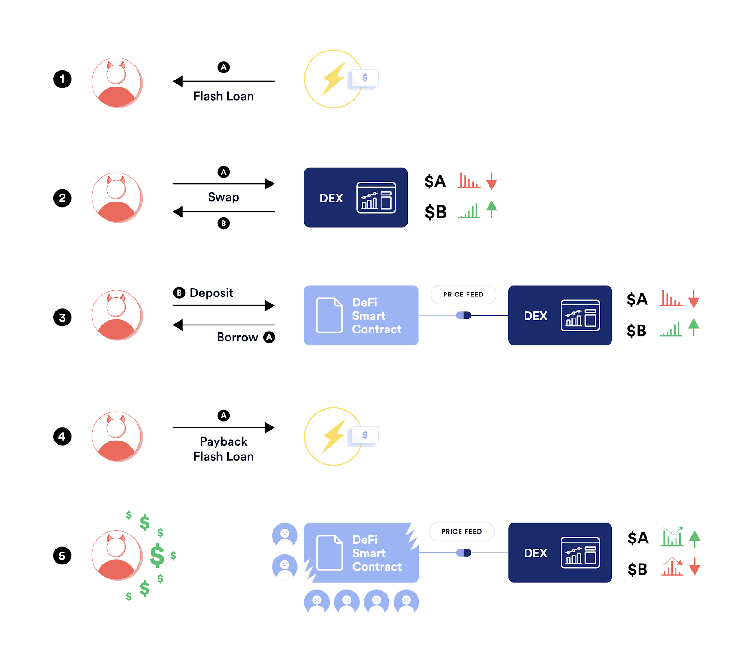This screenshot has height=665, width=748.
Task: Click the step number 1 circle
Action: tap(62, 79)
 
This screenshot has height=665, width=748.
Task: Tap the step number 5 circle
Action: tap(62, 556)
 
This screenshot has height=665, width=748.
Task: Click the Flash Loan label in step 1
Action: tap(223, 96)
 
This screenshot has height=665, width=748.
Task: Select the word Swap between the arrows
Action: tap(223, 197)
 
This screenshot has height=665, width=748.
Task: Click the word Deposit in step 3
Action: tap(211, 293)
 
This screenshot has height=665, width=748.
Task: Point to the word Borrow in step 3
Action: tap(237, 337)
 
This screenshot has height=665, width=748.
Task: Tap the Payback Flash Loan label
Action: tap(223, 449)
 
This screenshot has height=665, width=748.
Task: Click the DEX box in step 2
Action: tap(355, 198)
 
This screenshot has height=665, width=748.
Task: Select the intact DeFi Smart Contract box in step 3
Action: tap(361, 316)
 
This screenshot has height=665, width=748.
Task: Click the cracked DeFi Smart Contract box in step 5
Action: tap(361, 553)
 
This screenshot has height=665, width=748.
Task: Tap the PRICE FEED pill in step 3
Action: tap(463, 295)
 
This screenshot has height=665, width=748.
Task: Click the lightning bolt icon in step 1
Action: tap(334, 79)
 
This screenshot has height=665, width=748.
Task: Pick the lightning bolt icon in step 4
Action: tap(334, 436)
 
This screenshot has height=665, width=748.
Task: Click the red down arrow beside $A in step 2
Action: tap(491, 181)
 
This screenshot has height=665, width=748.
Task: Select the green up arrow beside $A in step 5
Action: tap(695, 539)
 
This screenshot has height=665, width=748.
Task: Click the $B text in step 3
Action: tap(636, 331)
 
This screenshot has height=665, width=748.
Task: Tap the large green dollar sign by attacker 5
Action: tap(157, 556)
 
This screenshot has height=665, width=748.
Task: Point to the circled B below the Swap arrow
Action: tap(223, 224)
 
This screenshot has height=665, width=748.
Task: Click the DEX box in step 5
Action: tap(560, 553)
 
